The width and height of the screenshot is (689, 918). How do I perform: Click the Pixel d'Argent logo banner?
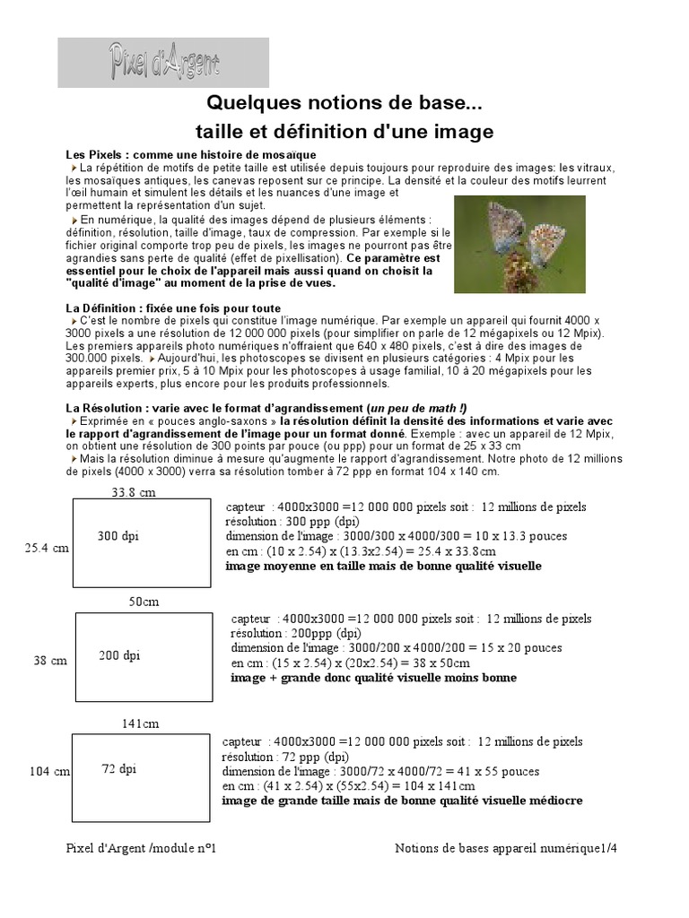point(163,62)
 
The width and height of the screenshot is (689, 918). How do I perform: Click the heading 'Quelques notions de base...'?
point(344,105)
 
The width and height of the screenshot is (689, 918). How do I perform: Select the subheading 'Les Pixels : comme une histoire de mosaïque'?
point(178,155)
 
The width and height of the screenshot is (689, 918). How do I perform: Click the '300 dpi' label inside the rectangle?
point(118,536)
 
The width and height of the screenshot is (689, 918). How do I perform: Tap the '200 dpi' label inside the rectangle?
point(119,655)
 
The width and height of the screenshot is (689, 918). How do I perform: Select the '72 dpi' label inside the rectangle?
point(119,768)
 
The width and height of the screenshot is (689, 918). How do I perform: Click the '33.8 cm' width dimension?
point(133,491)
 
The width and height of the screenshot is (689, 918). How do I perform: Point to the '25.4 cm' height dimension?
point(47,548)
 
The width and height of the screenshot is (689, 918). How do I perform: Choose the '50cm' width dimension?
point(144,602)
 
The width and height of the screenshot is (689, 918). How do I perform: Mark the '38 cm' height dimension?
point(50,661)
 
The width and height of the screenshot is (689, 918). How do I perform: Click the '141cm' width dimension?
point(140,723)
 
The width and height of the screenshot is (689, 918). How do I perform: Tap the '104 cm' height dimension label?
point(49,772)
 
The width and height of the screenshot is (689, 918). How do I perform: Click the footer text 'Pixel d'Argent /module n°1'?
point(142,848)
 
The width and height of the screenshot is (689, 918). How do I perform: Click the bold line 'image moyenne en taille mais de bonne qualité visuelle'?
point(383,567)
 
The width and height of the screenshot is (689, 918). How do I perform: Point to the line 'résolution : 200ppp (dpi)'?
point(296,633)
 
